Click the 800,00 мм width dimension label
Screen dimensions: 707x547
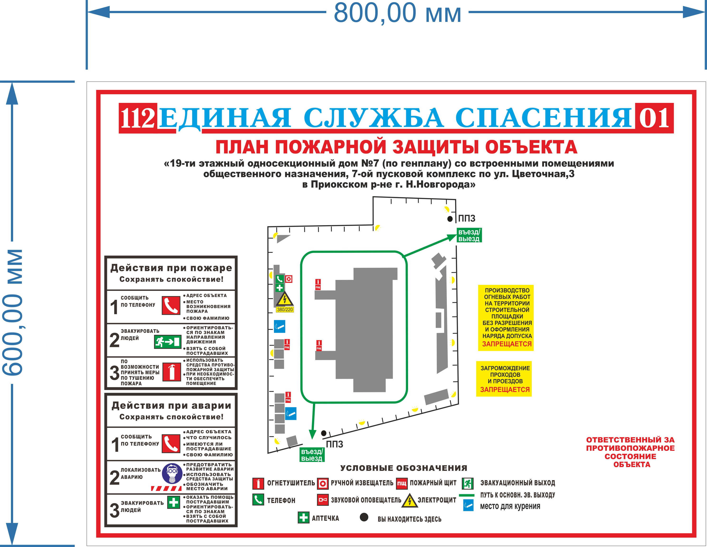click(x=398, y=13)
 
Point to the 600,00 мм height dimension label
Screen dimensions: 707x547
click(x=13, y=312)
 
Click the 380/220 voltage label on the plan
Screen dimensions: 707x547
click(x=285, y=310)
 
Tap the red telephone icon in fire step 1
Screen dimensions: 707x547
click(x=171, y=305)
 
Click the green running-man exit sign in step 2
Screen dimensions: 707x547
click(x=167, y=342)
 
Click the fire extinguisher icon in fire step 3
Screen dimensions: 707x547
click(x=171, y=372)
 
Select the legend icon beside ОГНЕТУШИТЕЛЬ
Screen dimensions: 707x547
click(x=258, y=483)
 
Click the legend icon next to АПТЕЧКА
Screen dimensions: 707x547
click(x=303, y=518)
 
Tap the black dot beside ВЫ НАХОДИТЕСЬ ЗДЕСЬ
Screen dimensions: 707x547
click(x=364, y=517)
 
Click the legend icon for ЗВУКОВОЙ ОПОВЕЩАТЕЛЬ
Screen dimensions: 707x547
click(x=323, y=500)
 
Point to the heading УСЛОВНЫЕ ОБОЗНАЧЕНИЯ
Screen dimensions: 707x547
click(x=404, y=468)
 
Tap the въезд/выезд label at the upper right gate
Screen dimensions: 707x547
click(x=469, y=235)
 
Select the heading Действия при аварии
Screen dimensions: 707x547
click(x=171, y=405)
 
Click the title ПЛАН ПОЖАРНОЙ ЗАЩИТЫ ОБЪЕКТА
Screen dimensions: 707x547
click(x=397, y=147)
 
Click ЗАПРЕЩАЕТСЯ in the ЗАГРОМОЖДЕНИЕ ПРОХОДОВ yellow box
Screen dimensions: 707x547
click(x=505, y=390)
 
